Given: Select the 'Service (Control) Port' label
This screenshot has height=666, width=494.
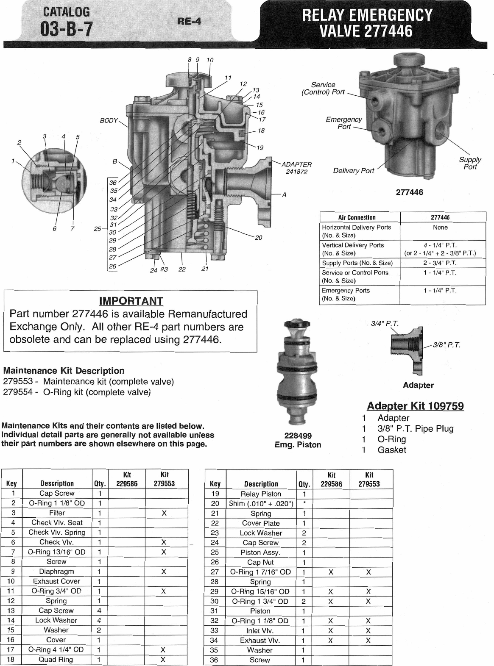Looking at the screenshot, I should pos(323,89).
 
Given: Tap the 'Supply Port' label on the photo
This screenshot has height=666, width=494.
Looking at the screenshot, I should pos(470,163).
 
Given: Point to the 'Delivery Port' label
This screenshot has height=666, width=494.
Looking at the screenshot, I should pos(354,171).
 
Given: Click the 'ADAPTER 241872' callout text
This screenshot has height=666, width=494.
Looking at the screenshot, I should pos(297,168).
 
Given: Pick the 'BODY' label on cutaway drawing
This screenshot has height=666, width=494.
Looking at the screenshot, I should pos(109,121).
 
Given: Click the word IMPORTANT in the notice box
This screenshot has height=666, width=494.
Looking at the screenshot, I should pos(131,301).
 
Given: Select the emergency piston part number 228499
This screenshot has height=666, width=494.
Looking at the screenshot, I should pos(298,436).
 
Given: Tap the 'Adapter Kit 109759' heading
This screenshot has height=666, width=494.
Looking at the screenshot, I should pos(415,406).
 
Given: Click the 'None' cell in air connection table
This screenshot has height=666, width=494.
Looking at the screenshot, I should pos(440,228).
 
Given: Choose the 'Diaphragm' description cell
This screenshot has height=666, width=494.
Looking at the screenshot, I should pos(56,572).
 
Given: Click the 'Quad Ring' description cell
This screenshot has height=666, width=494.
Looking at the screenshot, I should pos(56,659).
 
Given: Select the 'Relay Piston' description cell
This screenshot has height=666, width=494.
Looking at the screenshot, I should pos(261,494).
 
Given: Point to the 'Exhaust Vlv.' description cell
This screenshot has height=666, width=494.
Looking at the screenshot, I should pos(260,641).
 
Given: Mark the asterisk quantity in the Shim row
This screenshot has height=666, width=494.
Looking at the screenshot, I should pos(304,503).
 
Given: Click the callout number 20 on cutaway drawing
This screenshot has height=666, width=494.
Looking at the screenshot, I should pos(258,238).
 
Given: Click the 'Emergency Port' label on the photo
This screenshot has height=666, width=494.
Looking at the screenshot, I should pos(344,123).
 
